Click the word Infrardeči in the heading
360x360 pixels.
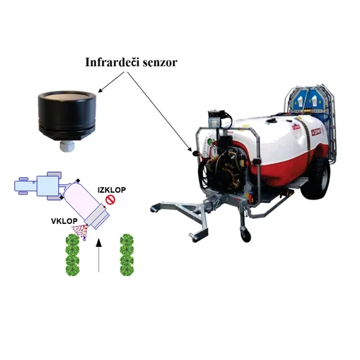pos(112,62)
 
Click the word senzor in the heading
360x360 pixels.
pos(160,63)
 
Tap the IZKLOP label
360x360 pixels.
pos(112,190)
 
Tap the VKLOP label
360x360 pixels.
pos(64,221)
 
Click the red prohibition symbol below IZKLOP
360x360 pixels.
pos(110,200)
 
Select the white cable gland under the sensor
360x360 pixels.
pos(67,146)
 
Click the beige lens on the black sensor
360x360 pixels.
pos(67,97)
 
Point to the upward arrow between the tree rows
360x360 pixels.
pos(99,255)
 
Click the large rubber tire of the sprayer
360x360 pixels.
pos(315,179)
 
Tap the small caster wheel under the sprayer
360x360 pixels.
pos(245,235)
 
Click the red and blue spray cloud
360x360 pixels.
pos(80,231)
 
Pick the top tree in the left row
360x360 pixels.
pos(72,240)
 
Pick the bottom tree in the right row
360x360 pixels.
pos(127,269)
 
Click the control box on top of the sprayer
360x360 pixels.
pos(217,119)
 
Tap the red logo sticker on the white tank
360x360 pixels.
pos(316,131)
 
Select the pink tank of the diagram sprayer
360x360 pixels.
pos(81,198)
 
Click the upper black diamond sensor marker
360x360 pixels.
pos(78,181)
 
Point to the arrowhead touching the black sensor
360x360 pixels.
pos(99,91)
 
